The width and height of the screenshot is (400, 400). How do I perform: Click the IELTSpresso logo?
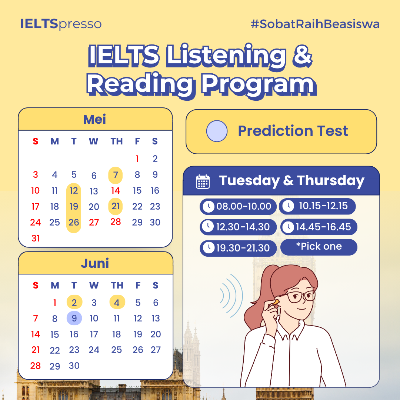tap(61, 24)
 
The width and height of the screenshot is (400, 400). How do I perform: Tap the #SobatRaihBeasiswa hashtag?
tap(315, 24)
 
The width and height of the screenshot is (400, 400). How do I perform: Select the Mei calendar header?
tap(95, 119)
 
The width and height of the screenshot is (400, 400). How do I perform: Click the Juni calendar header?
tap(95, 263)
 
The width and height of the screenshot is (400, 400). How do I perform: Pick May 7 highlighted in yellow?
tap(116, 175)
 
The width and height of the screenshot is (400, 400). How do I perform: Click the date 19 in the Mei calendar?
tap(74, 206)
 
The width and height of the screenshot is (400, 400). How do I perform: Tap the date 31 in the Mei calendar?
tap(36, 238)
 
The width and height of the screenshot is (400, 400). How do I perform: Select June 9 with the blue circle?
tap(74, 318)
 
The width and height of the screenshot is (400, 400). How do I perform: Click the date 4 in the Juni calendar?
tap(117, 302)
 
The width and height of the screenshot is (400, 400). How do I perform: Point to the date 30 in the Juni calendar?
tap(74, 366)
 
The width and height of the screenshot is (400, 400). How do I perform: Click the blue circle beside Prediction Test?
tap(217, 131)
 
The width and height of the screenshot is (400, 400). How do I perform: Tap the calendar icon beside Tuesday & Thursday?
tap(203, 181)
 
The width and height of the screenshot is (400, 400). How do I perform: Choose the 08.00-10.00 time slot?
tap(238, 206)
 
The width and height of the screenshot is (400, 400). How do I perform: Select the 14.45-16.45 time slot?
tap(319, 227)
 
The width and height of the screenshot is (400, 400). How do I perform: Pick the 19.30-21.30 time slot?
tap(238, 248)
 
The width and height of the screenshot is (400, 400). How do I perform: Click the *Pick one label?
tap(319, 247)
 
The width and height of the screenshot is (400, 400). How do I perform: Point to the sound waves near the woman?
tap(231, 296)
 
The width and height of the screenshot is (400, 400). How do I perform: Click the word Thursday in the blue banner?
tap(331, 180)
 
